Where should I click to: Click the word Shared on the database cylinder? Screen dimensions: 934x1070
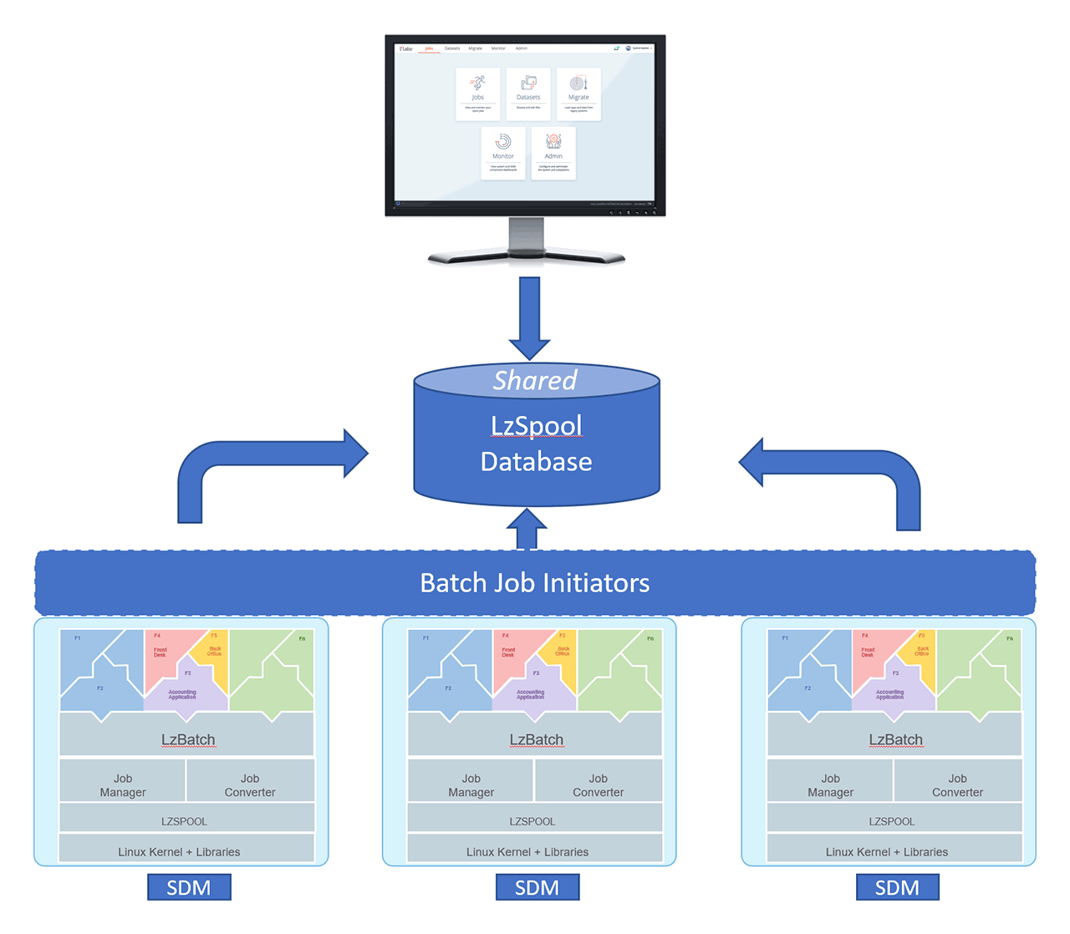point(535,381)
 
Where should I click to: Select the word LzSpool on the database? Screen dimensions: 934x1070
point(536,426)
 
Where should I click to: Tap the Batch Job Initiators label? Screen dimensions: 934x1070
point(535,583)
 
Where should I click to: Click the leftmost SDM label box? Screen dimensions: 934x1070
point(189,887)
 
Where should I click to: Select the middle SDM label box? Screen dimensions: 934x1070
point(537,887)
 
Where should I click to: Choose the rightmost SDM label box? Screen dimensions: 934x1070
point(897,887)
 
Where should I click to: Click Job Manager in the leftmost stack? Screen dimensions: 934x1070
point(123,785)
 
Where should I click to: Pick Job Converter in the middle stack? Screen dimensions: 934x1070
point(598,785)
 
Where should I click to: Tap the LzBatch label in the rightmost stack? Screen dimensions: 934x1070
point(895,739)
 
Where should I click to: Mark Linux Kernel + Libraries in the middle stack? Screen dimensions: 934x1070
point(527,852)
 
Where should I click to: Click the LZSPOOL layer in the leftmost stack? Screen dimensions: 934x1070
point(185,821)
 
